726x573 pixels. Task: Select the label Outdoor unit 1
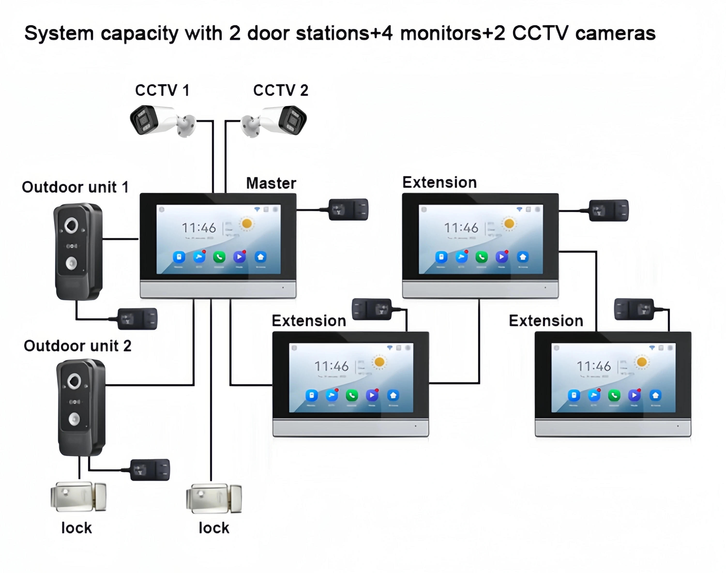click(x=75, y=187)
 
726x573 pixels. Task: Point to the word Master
click(x=271, y=183)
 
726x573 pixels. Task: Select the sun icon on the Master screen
click(x=247, y=224)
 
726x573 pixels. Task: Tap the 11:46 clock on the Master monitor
click(x=199, y=228)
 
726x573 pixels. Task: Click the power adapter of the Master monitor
click(x=348, y=210)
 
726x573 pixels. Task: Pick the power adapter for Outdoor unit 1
click(x=137, y=319)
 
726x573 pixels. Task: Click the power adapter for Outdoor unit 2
click(x=150, y=470)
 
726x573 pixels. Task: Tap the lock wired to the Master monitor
click(x=214, y=498)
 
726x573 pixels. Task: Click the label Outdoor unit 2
click(x=77, y=346)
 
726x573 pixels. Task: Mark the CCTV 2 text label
click(x=280, y=90)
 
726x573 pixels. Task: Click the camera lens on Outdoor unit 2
click(x=74, y=381)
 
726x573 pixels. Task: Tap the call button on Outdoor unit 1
click(x=71, y=263)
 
